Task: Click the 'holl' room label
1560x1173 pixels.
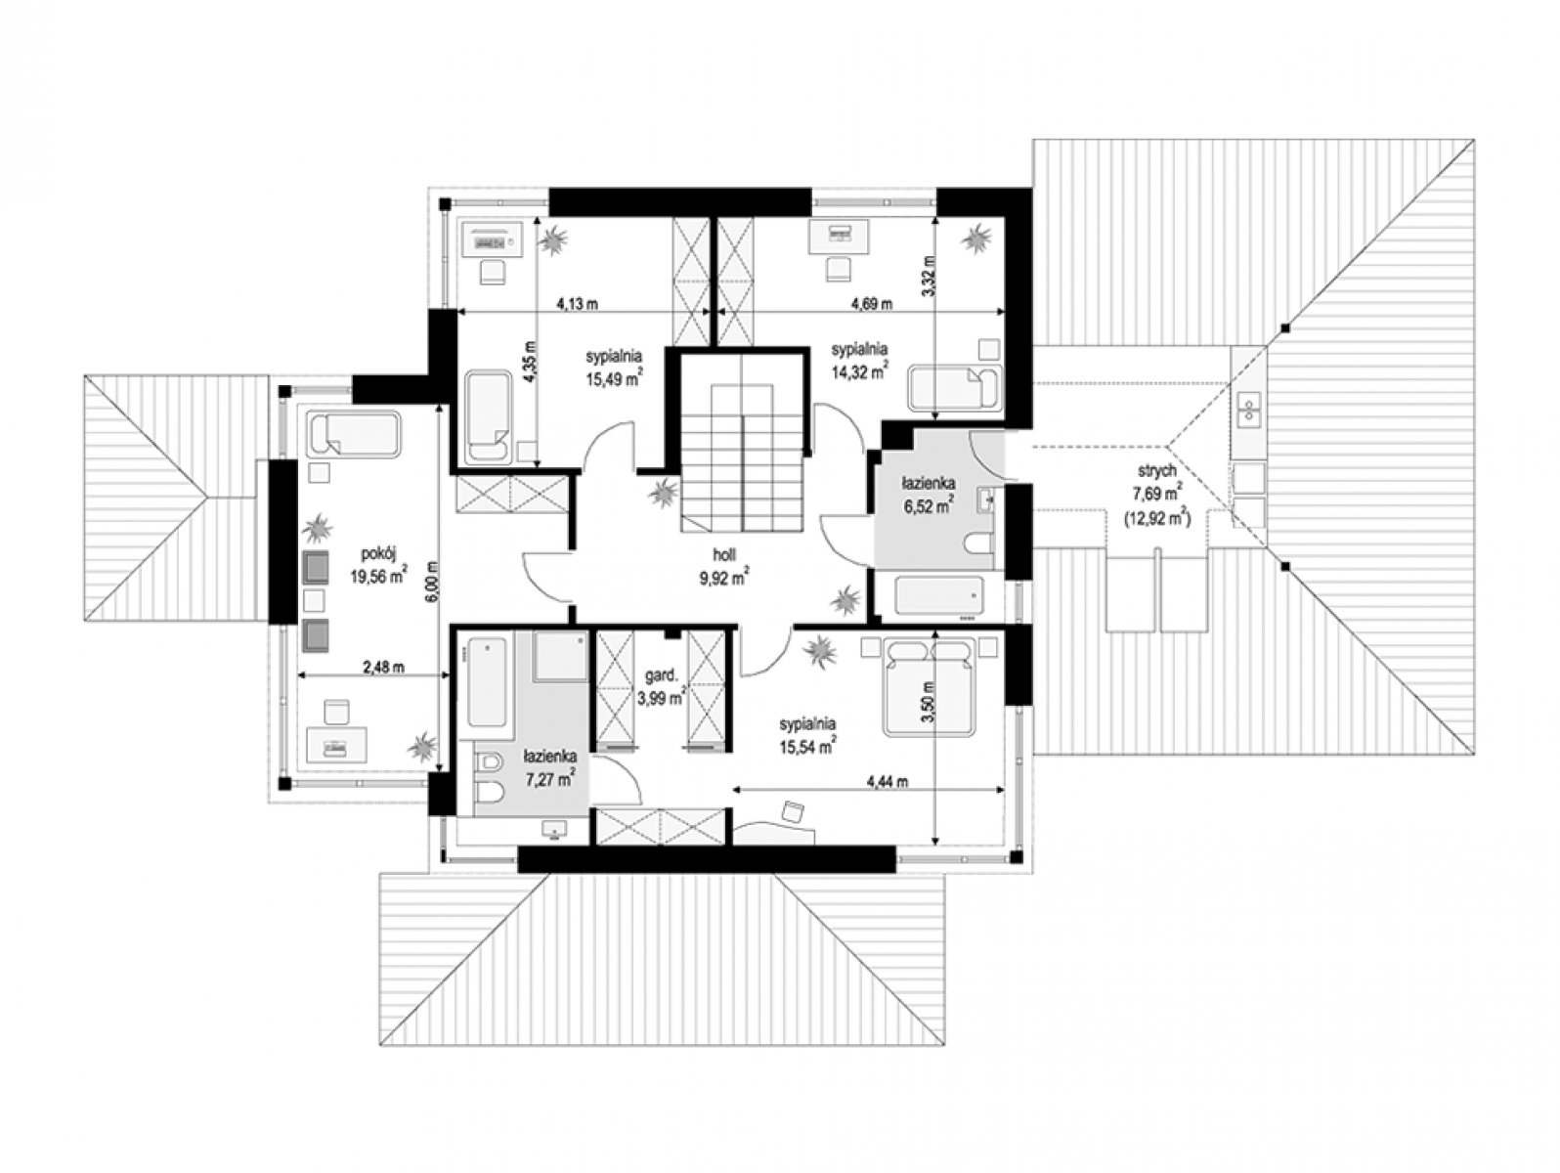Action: pos(724,555)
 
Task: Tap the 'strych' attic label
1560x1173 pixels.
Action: pos(1155,470)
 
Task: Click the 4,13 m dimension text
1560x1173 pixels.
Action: pos(577,304)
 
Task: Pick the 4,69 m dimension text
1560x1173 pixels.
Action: pos(871,304)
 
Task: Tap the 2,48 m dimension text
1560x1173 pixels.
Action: pos(383,667)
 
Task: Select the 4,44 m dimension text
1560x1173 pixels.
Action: pos(887,782)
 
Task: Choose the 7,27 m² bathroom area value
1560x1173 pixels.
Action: pos(549,779)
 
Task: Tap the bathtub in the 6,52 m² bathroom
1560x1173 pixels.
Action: pos(938,594)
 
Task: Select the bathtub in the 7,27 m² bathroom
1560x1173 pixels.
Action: pos(487,681)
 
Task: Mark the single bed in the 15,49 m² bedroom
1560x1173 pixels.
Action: pos(488,416)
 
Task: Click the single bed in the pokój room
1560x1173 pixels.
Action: pos(353,432)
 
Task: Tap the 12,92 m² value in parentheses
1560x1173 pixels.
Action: pos(1156,519)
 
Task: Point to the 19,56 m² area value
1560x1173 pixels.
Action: pos(378,576)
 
